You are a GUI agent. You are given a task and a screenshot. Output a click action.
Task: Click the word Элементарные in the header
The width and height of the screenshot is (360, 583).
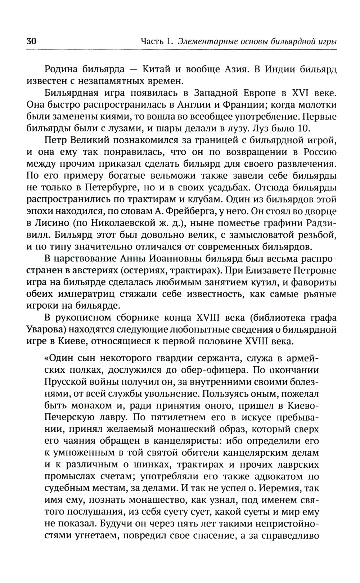[202, 41]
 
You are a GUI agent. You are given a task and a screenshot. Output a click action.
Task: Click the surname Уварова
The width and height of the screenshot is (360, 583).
[46, 330]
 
